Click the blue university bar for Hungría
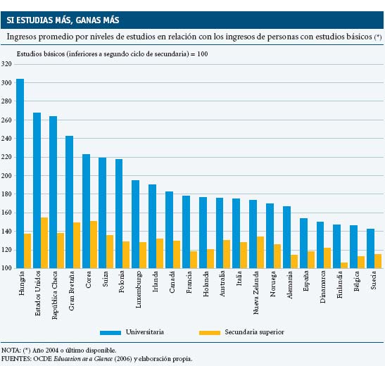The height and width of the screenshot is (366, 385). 20,173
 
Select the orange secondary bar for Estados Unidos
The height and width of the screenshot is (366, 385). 44,243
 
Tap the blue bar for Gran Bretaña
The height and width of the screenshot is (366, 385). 69,202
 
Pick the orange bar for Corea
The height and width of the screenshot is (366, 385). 94,244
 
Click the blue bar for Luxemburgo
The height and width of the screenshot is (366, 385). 136,224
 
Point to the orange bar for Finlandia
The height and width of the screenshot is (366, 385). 344,265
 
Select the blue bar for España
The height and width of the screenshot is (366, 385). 304,243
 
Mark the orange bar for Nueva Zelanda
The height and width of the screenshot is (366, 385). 260,253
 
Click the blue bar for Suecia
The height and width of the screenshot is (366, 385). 370,248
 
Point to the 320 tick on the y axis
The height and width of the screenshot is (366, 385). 6,64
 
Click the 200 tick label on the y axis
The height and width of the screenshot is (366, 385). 6,176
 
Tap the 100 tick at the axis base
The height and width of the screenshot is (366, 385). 6,268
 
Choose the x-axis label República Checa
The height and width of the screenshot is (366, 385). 54,295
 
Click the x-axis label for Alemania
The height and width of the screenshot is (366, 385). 290,285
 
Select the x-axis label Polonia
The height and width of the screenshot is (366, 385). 121,282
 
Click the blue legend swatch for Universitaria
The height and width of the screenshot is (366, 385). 111,333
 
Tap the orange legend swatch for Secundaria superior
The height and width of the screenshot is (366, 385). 210,333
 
